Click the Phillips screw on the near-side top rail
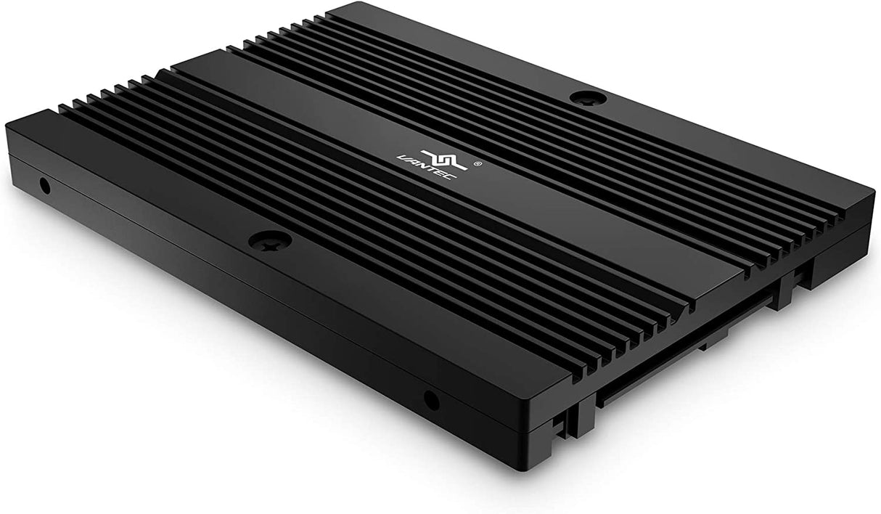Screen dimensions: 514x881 click(269, 240)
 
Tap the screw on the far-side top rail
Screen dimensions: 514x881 click(588, 98)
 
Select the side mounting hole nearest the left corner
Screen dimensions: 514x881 click(44, 186)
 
